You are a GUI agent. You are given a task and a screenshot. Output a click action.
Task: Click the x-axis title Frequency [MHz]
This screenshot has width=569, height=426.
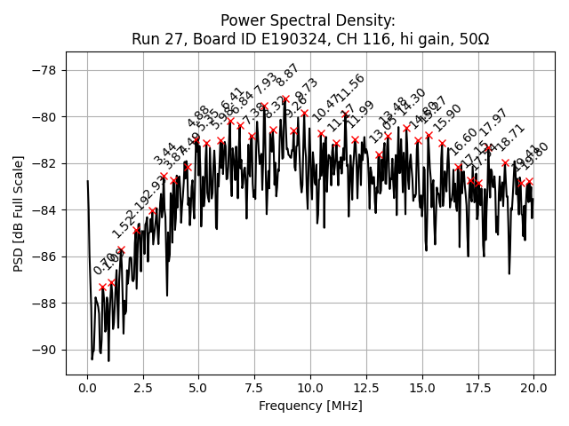coord(310,406)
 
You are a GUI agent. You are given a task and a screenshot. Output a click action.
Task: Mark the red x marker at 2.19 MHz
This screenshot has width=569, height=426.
coord(136,230)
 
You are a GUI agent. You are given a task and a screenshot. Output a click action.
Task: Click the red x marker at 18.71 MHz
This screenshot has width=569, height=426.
coord(505,162)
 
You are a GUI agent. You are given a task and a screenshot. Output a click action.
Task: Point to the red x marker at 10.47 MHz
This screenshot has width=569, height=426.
coord(321,133)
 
